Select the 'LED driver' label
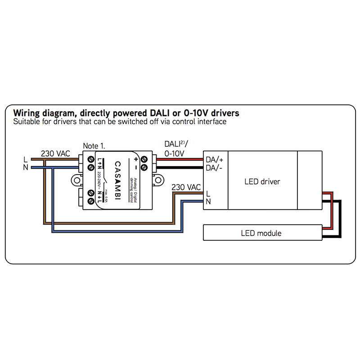(x=262, y=182)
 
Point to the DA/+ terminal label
(x=214, y=159)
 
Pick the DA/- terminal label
(x=214, y=168)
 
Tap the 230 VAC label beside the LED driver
(x=186, y=187)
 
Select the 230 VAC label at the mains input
(x=55, y=153)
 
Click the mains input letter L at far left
(x=26, y=159)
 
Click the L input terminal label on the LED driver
(x=208, y=193)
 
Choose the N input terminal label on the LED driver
(x=208, y=202)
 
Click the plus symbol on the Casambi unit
(x=136, y=160)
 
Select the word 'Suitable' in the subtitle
(x=26, y=121)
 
